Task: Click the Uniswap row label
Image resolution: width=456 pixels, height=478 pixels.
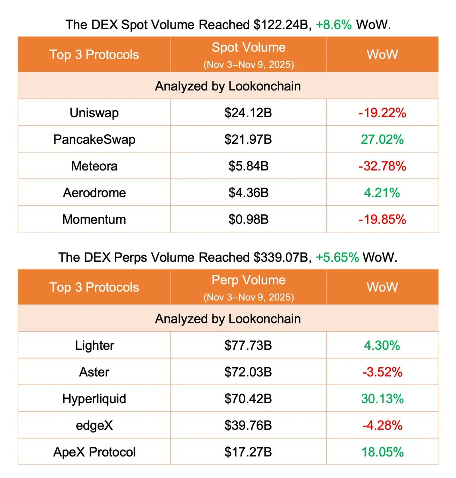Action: tap(94, 113)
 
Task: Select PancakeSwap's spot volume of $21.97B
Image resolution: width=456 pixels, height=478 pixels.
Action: tap(248, 139)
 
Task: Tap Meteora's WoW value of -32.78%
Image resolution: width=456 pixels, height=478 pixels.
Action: tap(382, 166)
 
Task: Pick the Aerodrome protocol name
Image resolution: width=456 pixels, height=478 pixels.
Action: tap(94, 193)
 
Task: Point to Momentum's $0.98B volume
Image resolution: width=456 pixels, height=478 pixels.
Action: tap(248, 219)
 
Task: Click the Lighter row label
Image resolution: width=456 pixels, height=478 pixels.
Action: tap(94, 345)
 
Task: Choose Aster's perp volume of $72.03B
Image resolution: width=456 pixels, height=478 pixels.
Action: tap(248, 372)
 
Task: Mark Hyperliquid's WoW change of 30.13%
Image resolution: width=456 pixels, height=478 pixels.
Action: tap(382, 399)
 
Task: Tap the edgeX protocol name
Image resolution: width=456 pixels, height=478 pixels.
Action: tap(94, 425)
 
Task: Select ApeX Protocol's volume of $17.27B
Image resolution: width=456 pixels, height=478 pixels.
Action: tap(248, 452)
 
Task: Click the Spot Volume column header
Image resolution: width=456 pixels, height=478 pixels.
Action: tap(249, 48)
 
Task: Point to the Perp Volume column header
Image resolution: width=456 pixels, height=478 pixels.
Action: tap(249, 280)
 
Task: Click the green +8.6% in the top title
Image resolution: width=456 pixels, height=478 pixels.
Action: tap(334, 25)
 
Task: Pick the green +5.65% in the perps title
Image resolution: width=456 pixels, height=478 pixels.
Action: tap(337, 257)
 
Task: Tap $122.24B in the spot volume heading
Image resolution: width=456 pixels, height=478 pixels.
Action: tap(281, 25)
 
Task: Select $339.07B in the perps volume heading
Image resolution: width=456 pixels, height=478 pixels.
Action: tap(281, 257)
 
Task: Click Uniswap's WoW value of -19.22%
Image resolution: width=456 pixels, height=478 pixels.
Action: tap(382, 113)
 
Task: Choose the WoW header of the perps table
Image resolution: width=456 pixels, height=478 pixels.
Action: tap(382, 287)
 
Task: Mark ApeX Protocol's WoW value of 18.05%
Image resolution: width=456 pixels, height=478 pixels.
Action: tap(382, 452)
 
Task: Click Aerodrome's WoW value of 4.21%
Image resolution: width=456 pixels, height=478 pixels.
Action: tap(382, 193)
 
